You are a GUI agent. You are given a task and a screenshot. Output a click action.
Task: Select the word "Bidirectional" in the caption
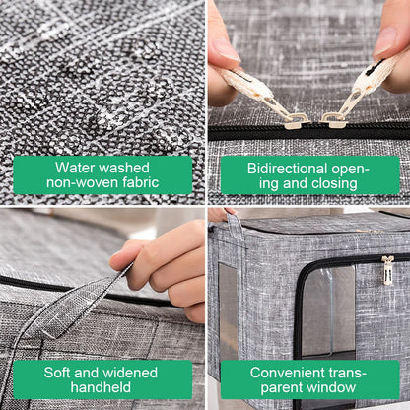tap(287, 169)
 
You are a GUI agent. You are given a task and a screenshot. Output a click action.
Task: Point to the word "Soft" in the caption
tap(57, 373)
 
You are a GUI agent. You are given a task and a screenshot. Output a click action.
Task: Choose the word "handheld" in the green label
tap(101, 387)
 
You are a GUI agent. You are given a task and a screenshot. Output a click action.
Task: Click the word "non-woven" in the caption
tap(83, 182)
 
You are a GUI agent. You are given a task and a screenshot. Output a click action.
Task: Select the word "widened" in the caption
tap(130, 373)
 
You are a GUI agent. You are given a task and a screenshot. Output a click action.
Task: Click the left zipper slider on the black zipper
tap(295, 121)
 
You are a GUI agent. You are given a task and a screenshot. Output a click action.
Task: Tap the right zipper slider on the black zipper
tap(333, 120)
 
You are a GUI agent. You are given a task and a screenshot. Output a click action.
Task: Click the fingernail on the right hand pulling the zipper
tap(386, 40)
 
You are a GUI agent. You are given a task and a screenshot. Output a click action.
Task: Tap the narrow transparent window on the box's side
tap(228, 309)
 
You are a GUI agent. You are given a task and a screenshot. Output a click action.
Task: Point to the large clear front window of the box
tap(328, 313)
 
